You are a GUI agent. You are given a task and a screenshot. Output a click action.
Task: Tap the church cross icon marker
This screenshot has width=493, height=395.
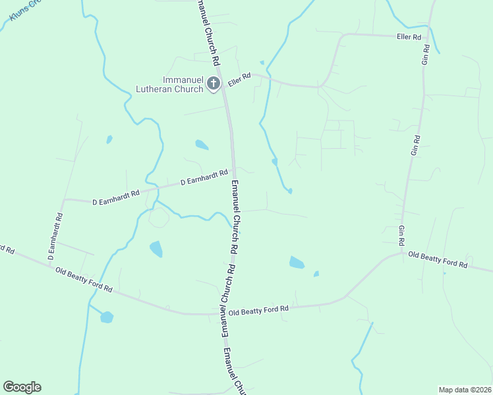point(213,84)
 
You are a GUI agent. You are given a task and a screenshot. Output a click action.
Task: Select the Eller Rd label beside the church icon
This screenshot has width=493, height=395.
point(240,80)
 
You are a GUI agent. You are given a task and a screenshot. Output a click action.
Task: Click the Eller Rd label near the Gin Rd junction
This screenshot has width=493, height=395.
point(409,37)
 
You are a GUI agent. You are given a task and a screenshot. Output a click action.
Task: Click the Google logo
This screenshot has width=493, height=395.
point(22,387)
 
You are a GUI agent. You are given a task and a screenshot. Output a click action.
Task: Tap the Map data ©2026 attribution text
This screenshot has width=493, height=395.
point(465,390)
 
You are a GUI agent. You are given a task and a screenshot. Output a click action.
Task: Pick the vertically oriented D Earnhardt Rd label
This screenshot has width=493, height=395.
point(55,235)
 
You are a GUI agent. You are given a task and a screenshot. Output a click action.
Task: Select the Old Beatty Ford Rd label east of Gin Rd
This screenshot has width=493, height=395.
point(438,259)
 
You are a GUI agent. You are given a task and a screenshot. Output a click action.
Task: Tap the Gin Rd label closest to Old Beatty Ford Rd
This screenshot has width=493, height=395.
point(401,234)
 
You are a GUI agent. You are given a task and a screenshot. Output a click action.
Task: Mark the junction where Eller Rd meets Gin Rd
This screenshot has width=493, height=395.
point(428,27)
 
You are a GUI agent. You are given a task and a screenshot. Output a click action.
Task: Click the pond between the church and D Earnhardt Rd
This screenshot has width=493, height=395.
point(202,144)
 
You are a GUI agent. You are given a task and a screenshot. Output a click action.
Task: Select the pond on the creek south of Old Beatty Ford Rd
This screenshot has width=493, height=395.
point(107,317)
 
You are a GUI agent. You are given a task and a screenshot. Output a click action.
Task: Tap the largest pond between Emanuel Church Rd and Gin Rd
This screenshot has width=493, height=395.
point(297,263)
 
